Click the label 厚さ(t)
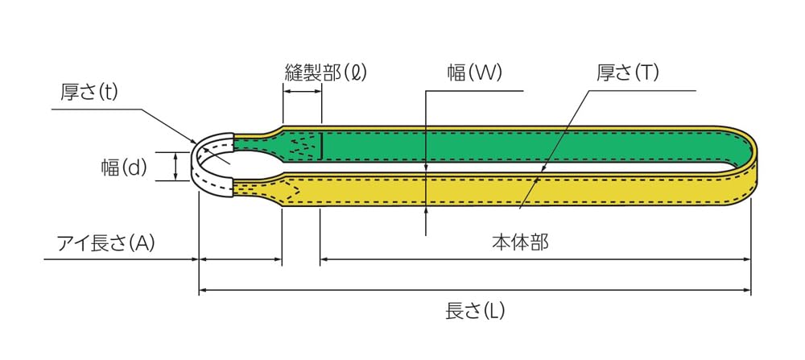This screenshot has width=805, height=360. [x=89, y=92]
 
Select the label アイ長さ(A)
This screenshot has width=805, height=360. [x=105, y=242]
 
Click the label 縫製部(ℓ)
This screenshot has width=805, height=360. [x=326, y=72]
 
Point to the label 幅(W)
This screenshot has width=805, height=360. [x=475, y=72]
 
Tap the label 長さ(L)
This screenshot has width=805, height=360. [x=475, y=310]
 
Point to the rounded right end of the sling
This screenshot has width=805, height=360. [x=749, y=165]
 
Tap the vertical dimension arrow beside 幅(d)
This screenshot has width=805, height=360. [x=176, y=167]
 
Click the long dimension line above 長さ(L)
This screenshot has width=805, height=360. [x=475, y=290]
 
